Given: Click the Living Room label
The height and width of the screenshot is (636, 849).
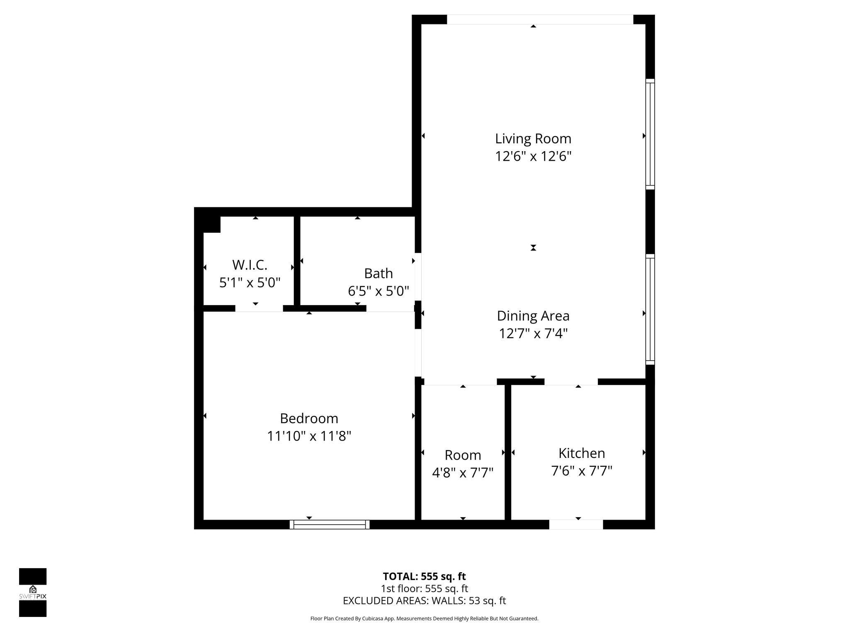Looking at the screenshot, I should click(533, 138).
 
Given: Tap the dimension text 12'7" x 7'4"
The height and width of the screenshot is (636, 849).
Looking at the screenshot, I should click(533, 333).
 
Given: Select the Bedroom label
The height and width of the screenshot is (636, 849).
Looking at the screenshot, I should click(309, 418).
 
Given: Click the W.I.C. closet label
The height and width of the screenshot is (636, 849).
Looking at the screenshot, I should click(250, 264).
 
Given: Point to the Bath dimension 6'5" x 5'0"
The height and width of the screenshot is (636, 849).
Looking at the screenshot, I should click(378, 291).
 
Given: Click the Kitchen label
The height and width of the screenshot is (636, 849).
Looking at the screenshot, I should click(582, 453).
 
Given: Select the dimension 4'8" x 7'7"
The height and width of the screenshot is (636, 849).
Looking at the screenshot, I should click(463, 472).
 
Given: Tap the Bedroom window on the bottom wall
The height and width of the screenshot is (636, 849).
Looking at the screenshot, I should click(330, 524).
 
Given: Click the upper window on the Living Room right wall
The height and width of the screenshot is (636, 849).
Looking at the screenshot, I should click(650, 134).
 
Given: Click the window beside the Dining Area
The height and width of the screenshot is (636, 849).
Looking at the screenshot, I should click(650, 309).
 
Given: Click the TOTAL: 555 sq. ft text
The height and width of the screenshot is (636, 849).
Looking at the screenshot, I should click(424, 576).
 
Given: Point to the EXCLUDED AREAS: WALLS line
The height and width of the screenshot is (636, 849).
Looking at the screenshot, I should click(424, 600).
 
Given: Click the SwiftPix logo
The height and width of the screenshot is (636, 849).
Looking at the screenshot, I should click(33, 592).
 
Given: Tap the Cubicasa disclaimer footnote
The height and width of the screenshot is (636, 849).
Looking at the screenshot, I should click(424, 619).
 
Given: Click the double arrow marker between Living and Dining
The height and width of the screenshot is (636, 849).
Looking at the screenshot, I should click(534, 248).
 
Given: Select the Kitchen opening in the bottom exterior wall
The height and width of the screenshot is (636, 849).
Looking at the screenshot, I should click(576, 524).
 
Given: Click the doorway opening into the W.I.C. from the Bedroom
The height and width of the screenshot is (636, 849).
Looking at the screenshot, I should click(259, 308).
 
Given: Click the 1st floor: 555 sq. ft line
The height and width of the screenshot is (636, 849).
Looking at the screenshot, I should click(424, 588).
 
